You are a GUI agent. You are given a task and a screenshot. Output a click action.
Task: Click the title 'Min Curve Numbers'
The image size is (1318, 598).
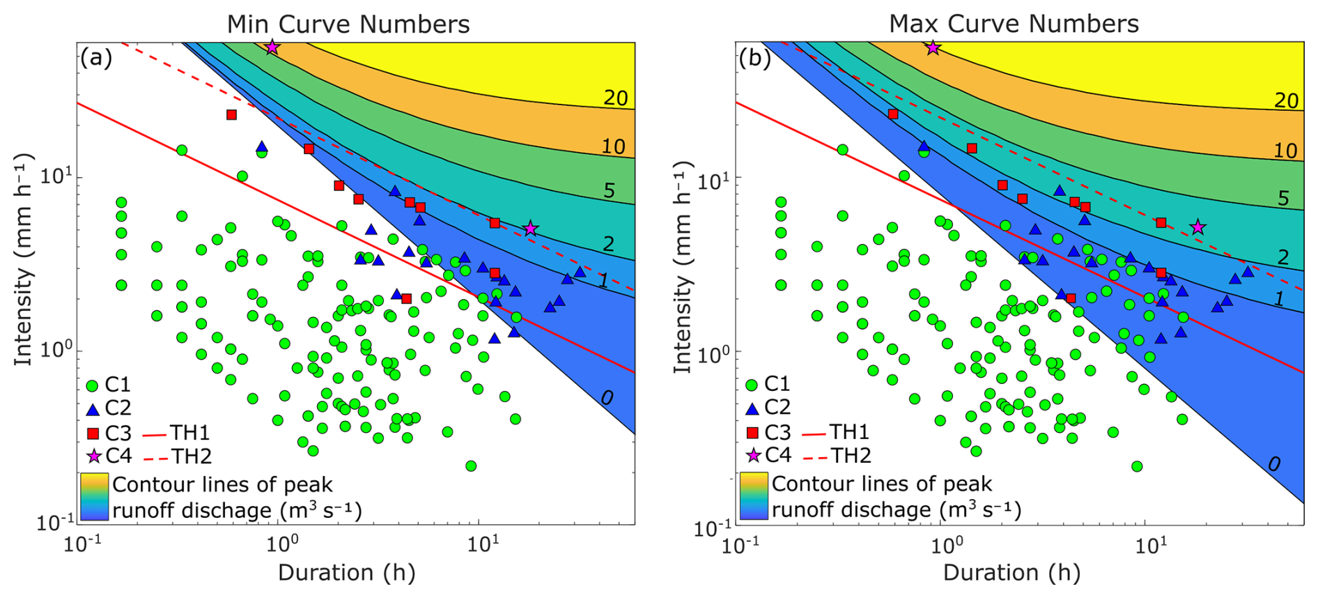[348, 24]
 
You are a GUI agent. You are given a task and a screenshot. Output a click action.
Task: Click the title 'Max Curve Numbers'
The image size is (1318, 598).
[1013, 24]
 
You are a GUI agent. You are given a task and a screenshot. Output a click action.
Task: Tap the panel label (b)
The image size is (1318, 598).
[754, 57]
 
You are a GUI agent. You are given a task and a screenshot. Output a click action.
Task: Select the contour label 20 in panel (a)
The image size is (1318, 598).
[615, 98]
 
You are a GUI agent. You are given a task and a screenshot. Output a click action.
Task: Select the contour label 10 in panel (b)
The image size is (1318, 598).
[1286, 151]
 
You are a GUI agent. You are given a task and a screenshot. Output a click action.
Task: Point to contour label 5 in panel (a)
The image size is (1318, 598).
[609, 190]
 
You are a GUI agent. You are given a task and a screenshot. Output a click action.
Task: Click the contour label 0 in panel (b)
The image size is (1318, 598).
[1273, 464]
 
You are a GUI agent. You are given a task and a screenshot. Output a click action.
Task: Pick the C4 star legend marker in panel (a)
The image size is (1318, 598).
[93, 457]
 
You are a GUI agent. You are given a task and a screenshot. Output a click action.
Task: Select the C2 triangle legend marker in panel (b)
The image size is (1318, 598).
[752, 408]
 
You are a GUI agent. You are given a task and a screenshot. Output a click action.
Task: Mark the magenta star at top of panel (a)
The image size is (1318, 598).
[272, 47]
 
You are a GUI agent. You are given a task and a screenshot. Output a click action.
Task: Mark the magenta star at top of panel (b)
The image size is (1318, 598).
[933, 47]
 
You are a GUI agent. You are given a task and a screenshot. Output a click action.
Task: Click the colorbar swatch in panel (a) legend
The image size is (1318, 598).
[94, 496]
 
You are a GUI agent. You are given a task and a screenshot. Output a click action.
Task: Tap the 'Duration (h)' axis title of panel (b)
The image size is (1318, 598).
[1011, 573]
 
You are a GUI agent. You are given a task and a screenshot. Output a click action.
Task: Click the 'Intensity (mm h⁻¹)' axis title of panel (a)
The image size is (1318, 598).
[24, 259]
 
